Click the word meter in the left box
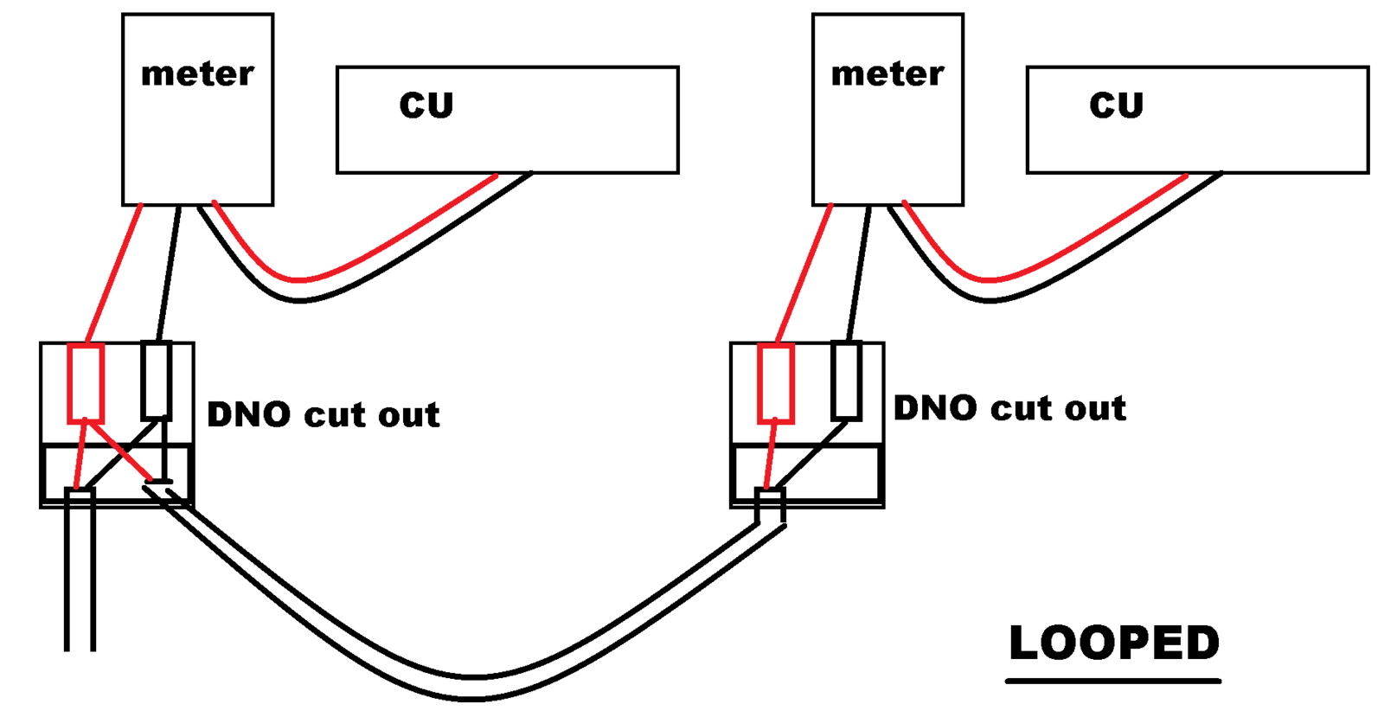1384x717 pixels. coord(197,74)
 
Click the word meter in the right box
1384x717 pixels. coord(887,74)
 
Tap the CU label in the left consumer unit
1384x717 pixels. coord(426,105)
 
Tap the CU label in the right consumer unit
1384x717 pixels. coord(1116,105)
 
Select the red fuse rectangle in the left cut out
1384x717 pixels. coord(86,383)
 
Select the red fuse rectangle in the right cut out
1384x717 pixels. coord(775,383)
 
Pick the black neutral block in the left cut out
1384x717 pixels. coord(156,381)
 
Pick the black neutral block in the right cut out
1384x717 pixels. coord(846,381)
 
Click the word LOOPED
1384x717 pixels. coord(1113,643)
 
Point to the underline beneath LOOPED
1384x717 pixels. coord(1113,682)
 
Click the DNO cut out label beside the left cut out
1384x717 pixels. coord(323,414)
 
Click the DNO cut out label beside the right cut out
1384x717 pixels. coord(1009,407)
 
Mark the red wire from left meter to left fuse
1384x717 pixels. coord(114,273)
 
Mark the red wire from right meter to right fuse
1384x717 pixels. coord(804,273)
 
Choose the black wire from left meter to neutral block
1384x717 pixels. coord(169,273)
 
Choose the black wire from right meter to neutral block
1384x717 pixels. coord(859,273)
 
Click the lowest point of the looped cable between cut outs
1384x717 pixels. coord(471,688)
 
